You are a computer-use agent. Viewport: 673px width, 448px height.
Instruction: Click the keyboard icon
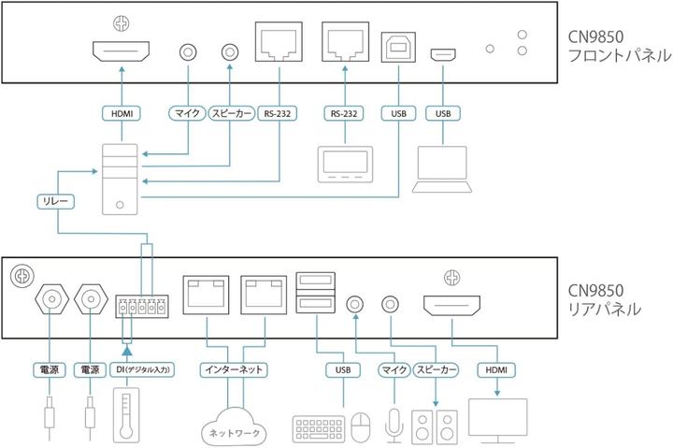pos(317,428)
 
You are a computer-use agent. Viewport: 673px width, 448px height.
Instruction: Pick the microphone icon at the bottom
pos(394,425)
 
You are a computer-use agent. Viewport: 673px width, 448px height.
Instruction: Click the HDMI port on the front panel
pos(122,52)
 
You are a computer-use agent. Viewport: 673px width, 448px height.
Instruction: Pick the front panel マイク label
pos(183,113)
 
